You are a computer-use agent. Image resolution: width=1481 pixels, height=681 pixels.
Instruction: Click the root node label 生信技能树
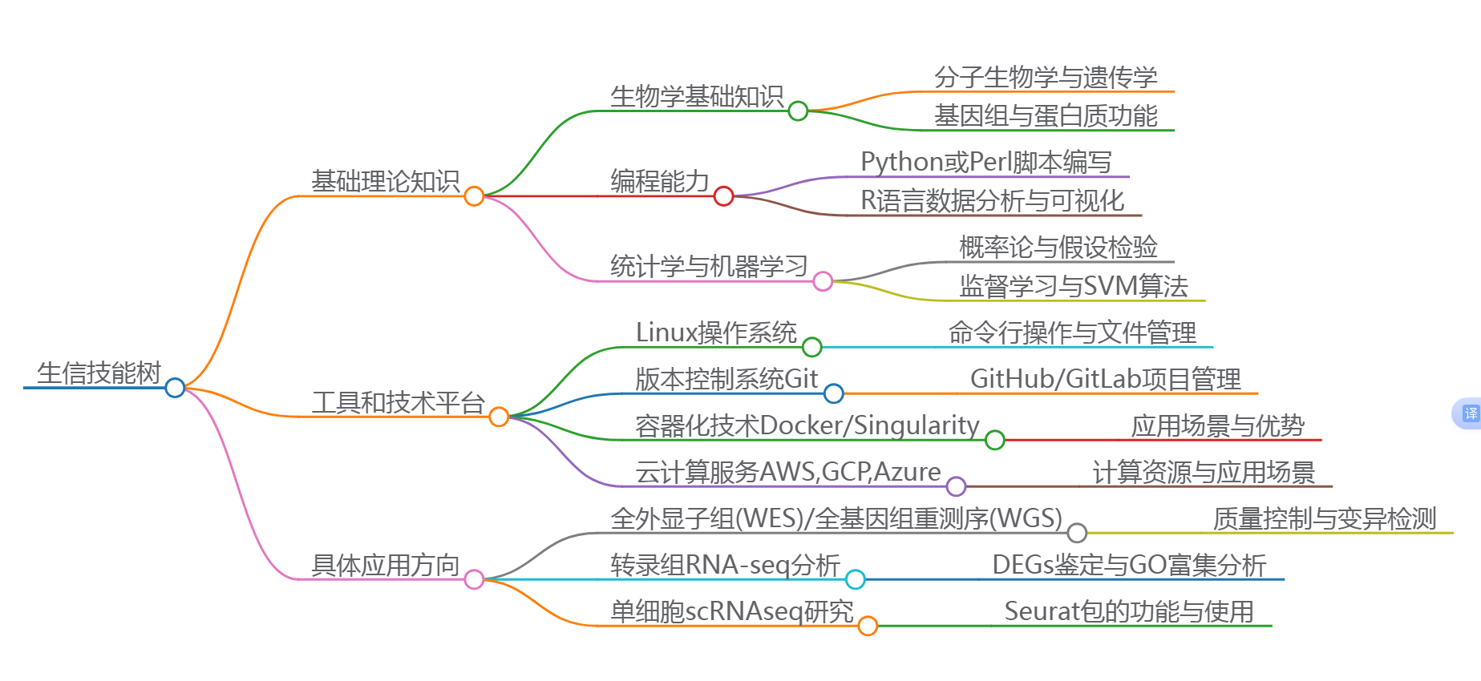point(99,373)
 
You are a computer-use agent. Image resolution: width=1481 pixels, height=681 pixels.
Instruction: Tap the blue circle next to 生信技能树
point(175,388)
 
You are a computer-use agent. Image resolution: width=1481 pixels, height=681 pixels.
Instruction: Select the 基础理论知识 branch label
point(385,181)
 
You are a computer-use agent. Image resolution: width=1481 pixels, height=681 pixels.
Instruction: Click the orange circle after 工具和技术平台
point(499,417)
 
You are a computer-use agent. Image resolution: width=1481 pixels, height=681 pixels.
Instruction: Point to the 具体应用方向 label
point(385,565)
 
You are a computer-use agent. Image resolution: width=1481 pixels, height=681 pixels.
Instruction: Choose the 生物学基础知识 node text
point(696,96)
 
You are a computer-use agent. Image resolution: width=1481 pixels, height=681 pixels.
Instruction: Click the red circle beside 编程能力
point(723,195)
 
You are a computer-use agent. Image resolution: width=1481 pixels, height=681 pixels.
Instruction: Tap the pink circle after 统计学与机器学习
point(823,281)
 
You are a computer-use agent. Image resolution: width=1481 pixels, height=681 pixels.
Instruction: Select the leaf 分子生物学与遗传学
point(1046,77)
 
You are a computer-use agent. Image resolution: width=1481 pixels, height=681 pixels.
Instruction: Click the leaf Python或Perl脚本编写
point(985,162)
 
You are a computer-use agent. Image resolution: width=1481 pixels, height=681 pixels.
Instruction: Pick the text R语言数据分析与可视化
point(992,200)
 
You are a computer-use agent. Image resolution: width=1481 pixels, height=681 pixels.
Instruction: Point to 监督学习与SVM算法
point(1073,286)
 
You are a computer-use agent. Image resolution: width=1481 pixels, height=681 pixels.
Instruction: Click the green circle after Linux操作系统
point(811,347)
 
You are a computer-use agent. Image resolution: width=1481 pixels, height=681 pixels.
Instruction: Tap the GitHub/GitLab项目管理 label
point(1105,379)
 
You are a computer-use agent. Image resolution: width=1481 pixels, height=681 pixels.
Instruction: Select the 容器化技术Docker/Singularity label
point(807,425)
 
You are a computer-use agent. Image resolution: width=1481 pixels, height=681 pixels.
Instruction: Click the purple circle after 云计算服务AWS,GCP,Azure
point(956,486)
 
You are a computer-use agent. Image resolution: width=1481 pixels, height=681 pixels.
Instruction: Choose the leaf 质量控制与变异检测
point(1324,518)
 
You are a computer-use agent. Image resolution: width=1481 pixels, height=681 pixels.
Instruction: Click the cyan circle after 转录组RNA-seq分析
point(856,579)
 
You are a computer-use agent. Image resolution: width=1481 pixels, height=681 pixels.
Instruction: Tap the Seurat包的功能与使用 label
point(1128,611)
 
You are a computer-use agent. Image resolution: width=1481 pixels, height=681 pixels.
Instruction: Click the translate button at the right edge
point(1469,413)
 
